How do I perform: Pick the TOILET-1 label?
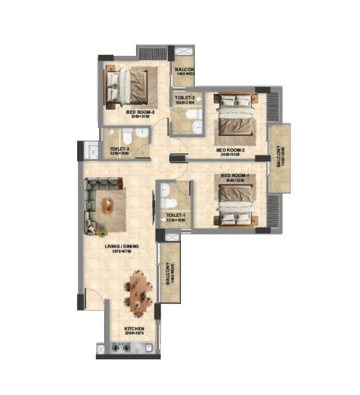tap(175, 215)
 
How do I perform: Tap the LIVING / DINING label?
tap(121, 246)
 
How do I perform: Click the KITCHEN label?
tap(134, 328)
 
